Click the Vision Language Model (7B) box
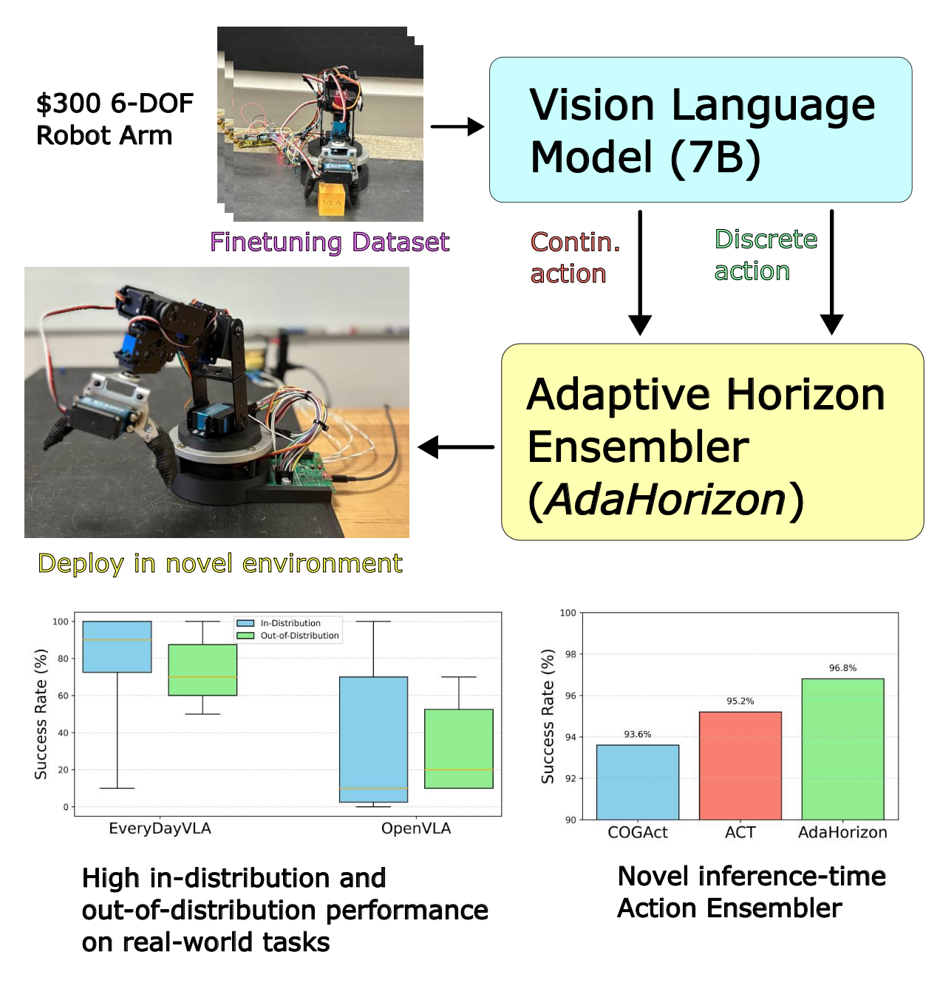coord(700,129)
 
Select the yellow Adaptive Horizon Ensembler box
coord(712,441)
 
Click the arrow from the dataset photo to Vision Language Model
coord(456,127)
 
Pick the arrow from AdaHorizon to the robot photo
coord(456,446)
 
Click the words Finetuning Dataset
coord(330,242)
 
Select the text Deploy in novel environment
coord(220,563)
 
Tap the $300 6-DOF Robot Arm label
coord(115,119)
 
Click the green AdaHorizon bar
coord(842,749)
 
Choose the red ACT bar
coord(740,766)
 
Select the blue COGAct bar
coord(637,782)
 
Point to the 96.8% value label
coord(842,667)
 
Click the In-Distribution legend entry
coord(290,623)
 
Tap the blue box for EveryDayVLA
coord(117,647)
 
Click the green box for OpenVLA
coord(458,749)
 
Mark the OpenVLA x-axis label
coord(416,829)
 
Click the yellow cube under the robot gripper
coord(332,201)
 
